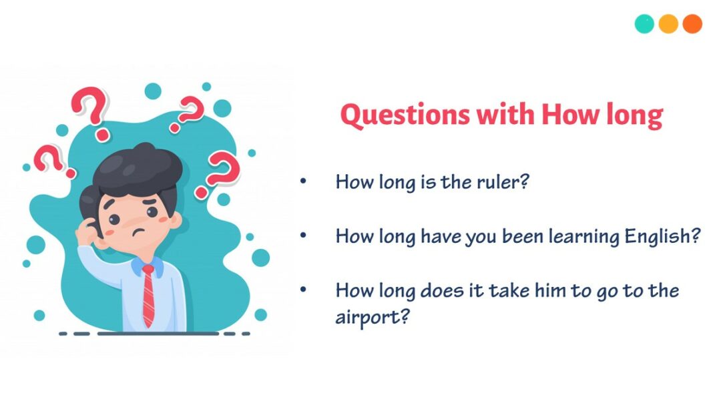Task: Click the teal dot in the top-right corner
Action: click(x=644, y=24)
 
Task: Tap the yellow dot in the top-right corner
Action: click(x=668, y=24)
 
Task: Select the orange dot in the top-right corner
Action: click(x=692, y=24)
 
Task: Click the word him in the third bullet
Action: click(x=558, y=291)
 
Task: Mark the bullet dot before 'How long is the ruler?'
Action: click(x=304, y=181)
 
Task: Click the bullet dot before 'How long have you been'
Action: click(x=304, y=236)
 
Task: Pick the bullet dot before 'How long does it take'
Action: click(x=304, y=290)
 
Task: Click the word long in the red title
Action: click(x=634, y=115)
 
